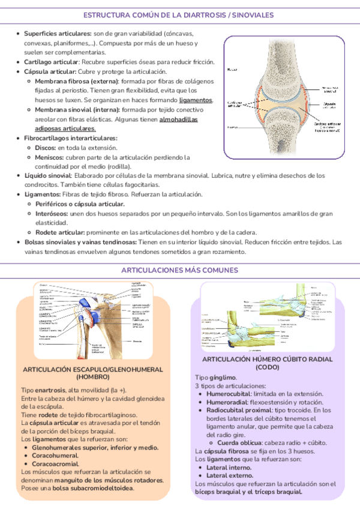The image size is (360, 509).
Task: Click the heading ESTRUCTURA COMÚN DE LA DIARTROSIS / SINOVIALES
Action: click(x=179, y=13)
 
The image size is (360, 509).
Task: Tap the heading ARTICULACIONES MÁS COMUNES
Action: click(x=179, y=271)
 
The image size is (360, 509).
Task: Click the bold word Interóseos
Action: click(x=51, y=214)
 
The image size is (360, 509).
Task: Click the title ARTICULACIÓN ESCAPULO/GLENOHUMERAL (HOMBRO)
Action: click(x=92, y=373)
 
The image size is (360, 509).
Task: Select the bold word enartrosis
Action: click(x=52, y=390)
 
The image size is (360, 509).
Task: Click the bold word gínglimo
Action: click(x=223, y=377)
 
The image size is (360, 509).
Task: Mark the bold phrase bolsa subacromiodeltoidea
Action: click(x=100, y=489)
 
